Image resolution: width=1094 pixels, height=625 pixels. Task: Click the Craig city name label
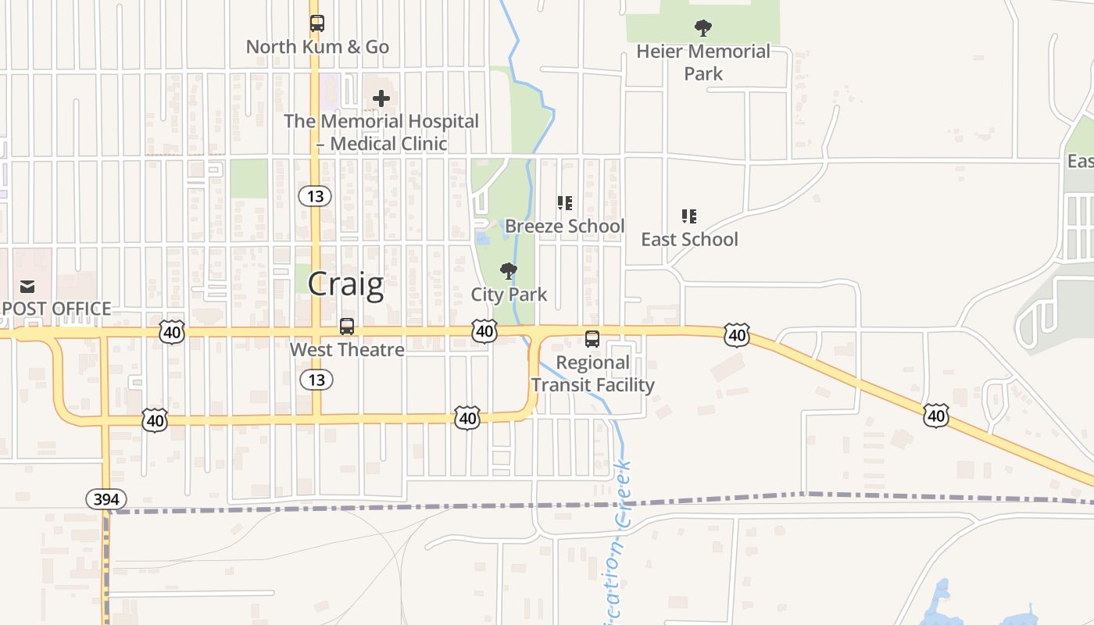345,285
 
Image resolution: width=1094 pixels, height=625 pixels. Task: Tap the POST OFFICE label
56,309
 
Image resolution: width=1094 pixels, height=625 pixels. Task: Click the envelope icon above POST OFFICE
27,287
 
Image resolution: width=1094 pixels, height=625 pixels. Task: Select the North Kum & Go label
317,47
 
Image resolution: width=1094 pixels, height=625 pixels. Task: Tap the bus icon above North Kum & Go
316,23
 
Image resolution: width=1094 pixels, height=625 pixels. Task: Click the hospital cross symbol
381,98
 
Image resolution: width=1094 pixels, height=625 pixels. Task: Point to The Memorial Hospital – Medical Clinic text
381,132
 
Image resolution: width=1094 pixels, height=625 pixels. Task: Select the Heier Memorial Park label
703,62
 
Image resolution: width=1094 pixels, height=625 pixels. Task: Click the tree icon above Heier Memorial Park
703,29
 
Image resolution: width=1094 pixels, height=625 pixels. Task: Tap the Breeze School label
564,227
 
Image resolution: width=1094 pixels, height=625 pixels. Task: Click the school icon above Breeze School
564,203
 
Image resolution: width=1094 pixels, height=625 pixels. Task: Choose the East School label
689,239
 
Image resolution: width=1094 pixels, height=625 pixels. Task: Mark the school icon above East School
688,216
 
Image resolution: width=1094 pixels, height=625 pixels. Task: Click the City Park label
509,295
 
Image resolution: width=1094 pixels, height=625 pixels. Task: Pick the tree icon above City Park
509,271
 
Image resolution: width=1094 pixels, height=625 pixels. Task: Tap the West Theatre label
347,350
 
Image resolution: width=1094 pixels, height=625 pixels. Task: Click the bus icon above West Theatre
347,327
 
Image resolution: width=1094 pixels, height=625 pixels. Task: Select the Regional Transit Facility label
592,373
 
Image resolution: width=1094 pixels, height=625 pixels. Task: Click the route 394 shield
105,498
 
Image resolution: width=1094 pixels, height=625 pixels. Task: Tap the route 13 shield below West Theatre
316,380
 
